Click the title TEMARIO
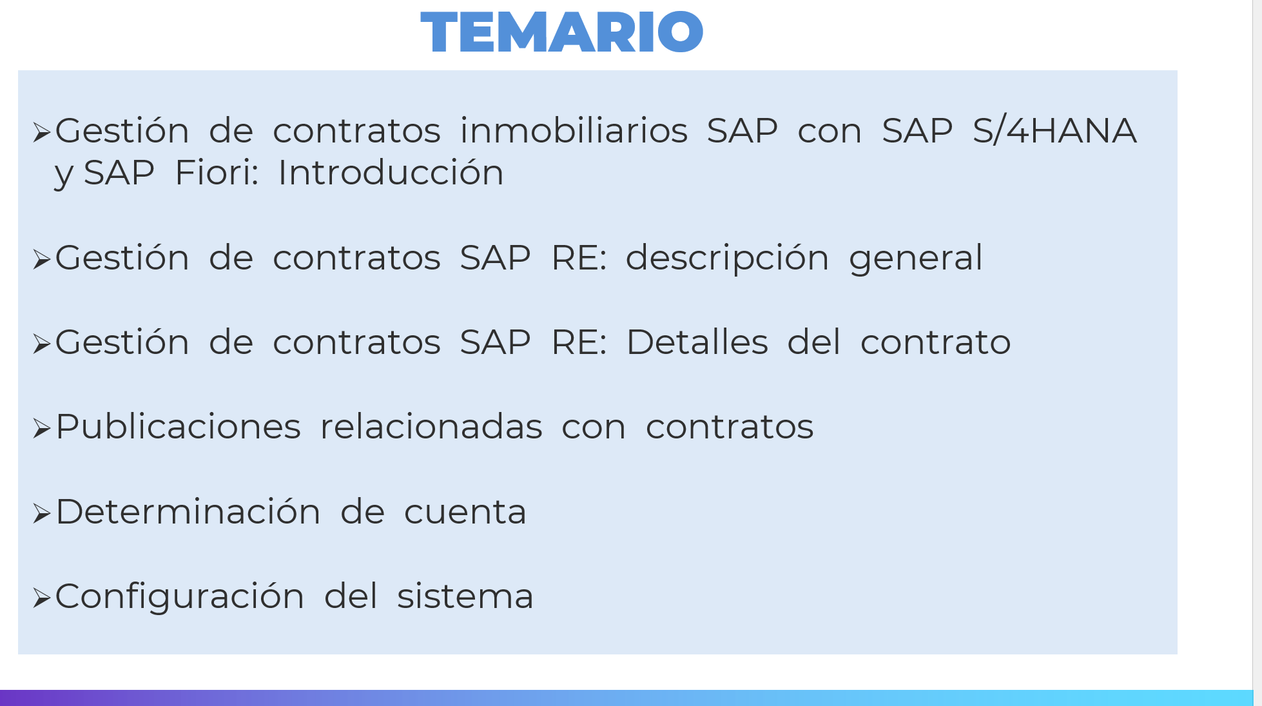(561, 32)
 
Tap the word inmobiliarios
(574, 130)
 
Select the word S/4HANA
(1054, 130)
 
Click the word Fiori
(217, 172)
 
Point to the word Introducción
(391, 172)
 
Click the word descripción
(727, 258)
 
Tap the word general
(916, 258)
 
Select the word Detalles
(697, 342)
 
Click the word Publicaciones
(179, 427)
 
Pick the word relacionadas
(431, 427)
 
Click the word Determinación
(188, 512)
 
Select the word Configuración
(180, 596)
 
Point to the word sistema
(465, 596)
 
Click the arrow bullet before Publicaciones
(42, 429)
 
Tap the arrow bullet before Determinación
(42, 514)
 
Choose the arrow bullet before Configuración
(42, 598)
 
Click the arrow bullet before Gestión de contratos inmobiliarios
(42, 133)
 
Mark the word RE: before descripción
(579, 258)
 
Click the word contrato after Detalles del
(935, 342)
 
